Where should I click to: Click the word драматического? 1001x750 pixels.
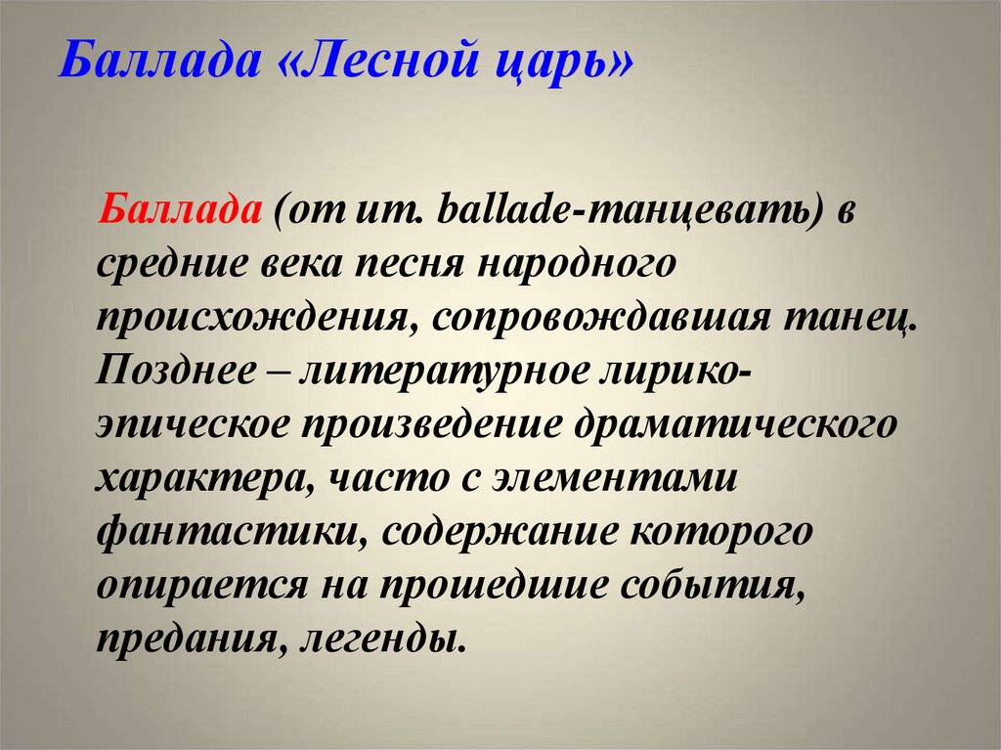tap(735, 426)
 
